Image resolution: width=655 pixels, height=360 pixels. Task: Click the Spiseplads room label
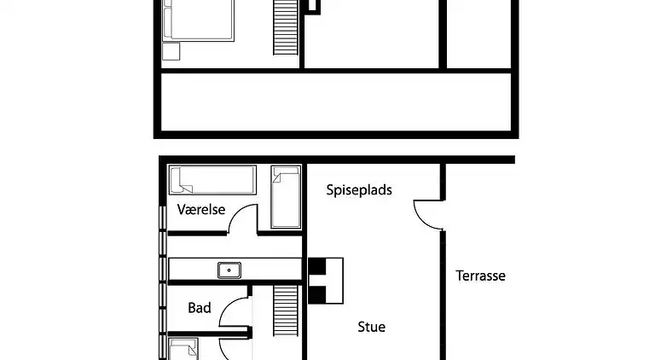point(359,190)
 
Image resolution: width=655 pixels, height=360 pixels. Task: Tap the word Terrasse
point(480,276)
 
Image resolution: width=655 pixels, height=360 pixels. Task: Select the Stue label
point(371,327)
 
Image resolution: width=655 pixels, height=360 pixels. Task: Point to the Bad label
point(200,308)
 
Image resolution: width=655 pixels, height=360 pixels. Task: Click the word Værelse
point(201,209)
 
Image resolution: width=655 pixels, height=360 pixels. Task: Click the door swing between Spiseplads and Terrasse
point(426,213)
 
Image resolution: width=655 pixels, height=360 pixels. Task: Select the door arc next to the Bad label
point(232,313)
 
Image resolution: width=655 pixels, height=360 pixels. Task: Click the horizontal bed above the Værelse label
point(212,180)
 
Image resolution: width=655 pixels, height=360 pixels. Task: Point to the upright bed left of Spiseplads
point(286,197)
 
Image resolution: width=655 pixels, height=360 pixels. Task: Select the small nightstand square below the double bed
point(171,51)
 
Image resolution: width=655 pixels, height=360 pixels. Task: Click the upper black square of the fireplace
point(317,266)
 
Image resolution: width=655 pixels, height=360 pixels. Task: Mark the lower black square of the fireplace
point(317,294)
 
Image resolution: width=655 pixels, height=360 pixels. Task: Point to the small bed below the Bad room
point(183,350)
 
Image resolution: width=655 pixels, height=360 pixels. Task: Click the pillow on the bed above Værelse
point(180,180)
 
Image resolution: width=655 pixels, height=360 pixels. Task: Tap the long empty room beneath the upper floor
point(336,102)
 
